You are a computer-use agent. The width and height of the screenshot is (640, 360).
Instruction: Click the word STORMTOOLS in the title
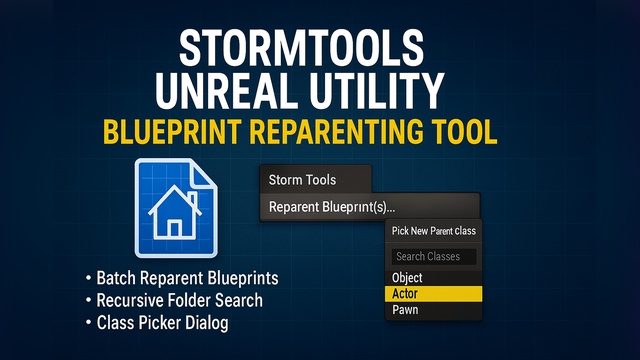click(x=301, y=48)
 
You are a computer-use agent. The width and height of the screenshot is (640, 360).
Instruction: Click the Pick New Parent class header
click(x=433, y=231)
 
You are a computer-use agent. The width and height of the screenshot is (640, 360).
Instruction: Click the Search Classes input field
click(x=433, y=256)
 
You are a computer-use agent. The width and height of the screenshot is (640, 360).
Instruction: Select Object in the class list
click(x=407, y=278)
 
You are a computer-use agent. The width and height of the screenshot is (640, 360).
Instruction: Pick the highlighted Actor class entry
click(x=433, y=294)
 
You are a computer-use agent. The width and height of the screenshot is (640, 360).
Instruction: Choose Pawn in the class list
click(x=405, y=310)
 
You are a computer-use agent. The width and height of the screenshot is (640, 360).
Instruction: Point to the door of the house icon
click(x=175, y=229)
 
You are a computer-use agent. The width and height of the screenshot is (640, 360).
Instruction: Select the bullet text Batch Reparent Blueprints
click(x=187, y=278)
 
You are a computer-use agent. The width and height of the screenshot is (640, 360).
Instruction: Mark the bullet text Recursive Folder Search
click(x=180, y=300)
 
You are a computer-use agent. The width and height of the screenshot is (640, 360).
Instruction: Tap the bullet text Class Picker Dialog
click(x=162, y=323)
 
